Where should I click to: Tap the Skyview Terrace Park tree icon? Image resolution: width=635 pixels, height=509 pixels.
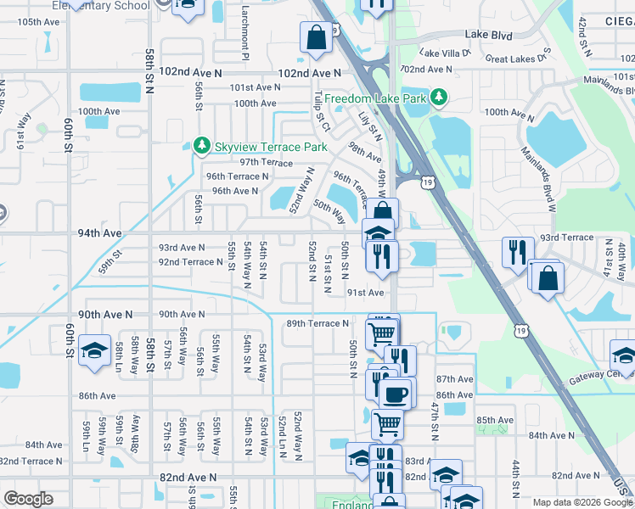click(201, 147)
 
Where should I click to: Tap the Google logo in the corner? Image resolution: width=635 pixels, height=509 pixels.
click(28, 499)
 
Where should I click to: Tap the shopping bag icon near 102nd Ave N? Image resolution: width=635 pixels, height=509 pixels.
click(316, 36)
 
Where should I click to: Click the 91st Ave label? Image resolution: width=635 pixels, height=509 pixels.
click(366, 293)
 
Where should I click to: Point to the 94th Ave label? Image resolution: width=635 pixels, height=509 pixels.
click(100, 232)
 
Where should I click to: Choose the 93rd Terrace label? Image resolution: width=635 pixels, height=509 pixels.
click(561, 238)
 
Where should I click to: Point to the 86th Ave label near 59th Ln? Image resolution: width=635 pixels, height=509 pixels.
click(97, 395)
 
